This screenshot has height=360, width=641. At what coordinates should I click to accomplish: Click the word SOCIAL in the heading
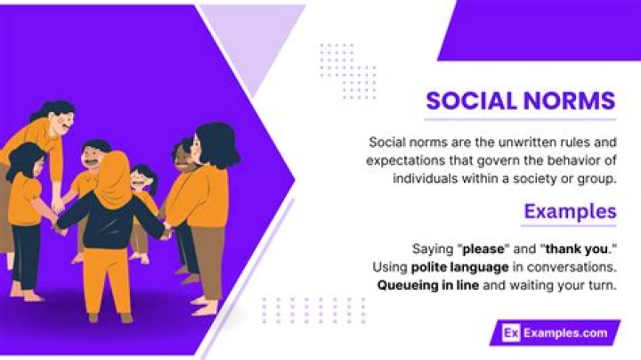pos(468,101)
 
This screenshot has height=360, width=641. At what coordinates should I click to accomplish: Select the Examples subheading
pos(570,211)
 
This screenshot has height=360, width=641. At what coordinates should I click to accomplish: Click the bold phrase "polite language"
pos(456,267)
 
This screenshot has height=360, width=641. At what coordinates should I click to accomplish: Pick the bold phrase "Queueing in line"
pos(428,286)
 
